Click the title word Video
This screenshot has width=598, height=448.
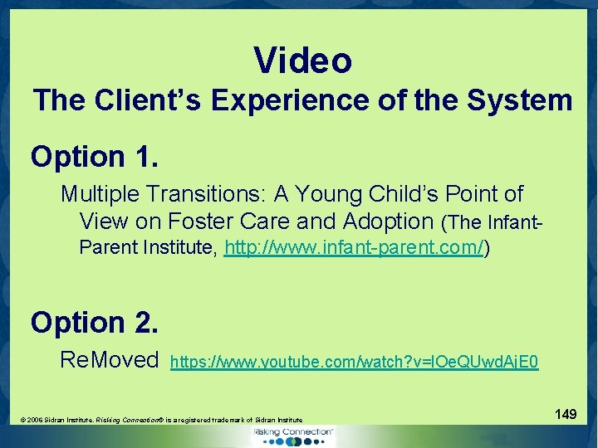(303, 61)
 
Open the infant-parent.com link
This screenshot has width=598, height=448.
(354, 248)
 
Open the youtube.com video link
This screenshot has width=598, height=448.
(354, 362)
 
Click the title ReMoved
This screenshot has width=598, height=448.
(109, 360)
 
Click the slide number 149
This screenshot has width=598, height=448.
(566, 413)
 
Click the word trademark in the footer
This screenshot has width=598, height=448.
(228, 421)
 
